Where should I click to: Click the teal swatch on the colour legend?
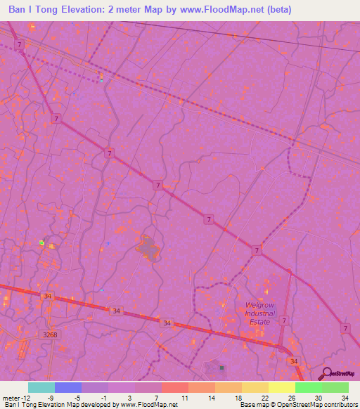pos(41,387)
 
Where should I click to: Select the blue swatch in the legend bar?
pos(68,387)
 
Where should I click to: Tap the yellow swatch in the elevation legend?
pos(282,387)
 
